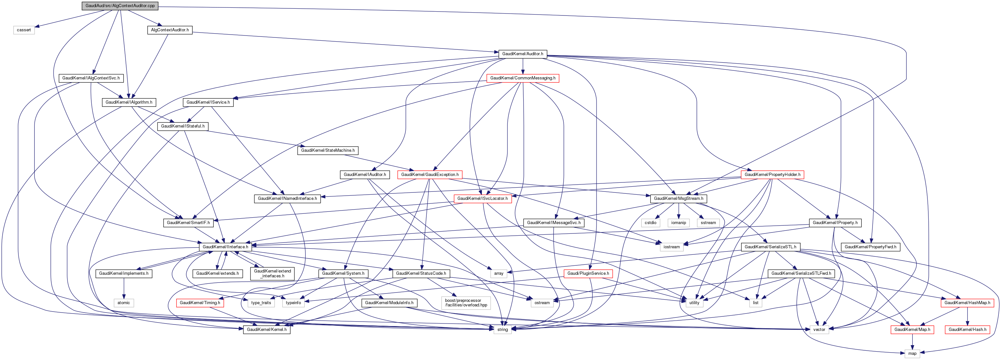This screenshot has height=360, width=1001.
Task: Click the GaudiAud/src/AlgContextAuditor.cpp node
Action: (120, 5)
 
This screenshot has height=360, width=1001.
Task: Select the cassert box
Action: (24, 30)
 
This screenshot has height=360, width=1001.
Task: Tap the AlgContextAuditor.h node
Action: (170, 30)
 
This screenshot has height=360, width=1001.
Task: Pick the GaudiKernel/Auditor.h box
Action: (523, 54)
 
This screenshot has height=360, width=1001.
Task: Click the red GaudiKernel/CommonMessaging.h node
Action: (523, 78)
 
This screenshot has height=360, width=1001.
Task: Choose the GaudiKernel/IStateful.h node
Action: (183, 126)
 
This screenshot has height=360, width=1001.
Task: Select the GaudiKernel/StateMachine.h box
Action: (328, 150)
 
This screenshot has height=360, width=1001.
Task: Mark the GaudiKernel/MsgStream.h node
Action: (679, 198)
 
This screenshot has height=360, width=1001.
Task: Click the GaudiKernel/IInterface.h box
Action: (225, 246)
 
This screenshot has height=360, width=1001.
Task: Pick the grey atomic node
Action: (124, 303)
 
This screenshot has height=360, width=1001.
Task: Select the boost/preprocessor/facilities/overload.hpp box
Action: (466, 303)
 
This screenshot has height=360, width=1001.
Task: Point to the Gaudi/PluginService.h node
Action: (588, 273)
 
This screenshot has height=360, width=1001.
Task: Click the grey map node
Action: (912, 354)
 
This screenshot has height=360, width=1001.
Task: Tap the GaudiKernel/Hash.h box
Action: (967, 329)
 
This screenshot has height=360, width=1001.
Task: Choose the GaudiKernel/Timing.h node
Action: (200, 303)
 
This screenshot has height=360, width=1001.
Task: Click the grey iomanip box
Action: (679, 222)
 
